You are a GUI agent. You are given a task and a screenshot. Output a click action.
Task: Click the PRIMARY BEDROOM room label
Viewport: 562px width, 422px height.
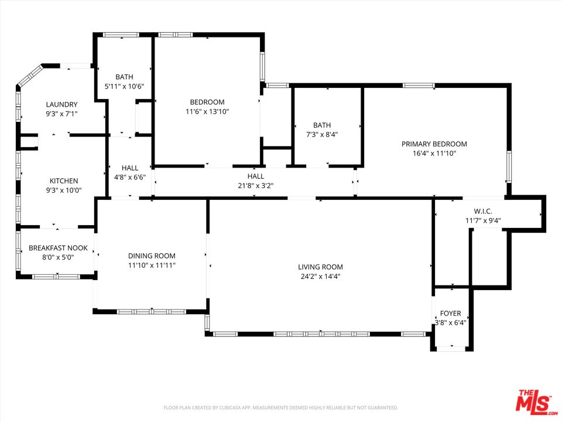click(x=434, y=144)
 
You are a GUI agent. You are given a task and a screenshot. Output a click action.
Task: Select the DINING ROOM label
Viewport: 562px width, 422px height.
click(x=152, y=256)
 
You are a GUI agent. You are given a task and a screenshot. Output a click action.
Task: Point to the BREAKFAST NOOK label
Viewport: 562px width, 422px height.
click(x=58, y=248)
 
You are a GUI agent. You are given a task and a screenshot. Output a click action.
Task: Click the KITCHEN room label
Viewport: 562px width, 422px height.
click(x=63, y=181)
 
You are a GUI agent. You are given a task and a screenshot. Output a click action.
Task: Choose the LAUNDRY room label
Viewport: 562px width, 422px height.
click(x=61, y=104)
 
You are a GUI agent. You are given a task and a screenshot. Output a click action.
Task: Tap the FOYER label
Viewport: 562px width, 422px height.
click(x=451, y=314)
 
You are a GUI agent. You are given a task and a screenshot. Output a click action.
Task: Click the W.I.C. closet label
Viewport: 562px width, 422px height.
click(x=483, y=211)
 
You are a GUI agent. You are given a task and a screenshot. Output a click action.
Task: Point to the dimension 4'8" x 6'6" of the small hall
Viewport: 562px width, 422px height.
click(x=129, y=177)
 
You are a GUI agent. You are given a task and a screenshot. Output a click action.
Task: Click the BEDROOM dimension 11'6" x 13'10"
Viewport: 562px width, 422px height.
click(x=207, y=111)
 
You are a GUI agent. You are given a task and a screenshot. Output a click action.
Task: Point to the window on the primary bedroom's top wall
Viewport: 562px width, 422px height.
click(x=419, y=86)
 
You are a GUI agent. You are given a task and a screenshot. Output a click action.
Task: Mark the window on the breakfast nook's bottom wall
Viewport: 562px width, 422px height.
click(x=55, y=277)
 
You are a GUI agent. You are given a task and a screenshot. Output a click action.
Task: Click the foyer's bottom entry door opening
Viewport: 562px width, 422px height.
click(x=451, y=349)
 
